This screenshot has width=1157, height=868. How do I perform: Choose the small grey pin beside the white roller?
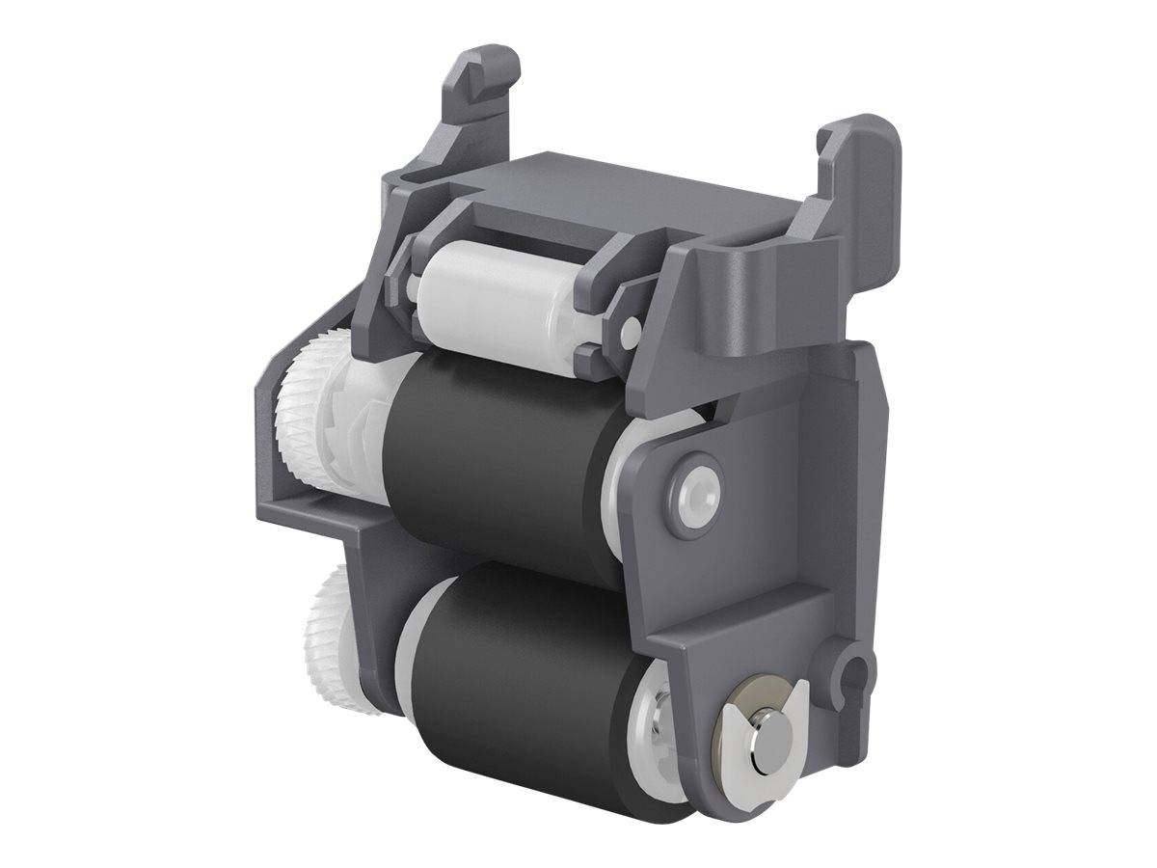tap(629, 333)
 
